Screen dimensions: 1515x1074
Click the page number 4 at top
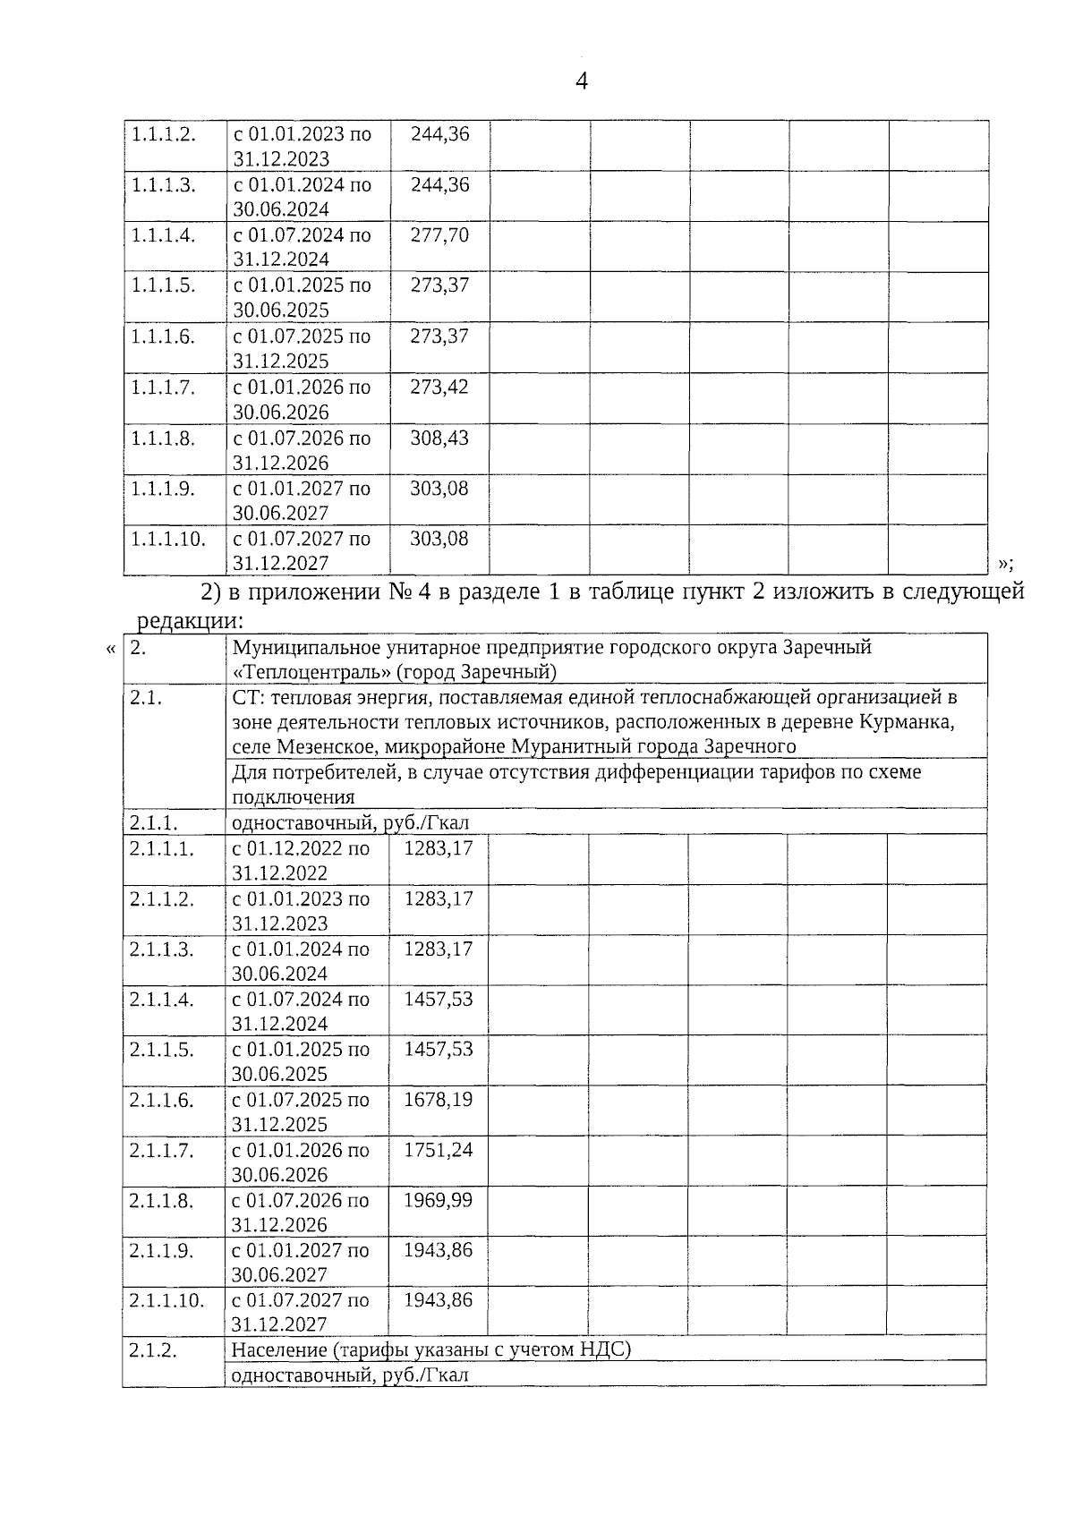pos(582,81)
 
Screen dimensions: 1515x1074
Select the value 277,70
pos(439,236)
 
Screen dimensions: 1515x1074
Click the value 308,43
pos(439,438)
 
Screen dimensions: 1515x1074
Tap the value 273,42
pos(439,387)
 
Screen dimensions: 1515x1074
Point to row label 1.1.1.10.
pos(168,539)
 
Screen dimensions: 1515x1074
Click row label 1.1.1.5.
pos(163,285)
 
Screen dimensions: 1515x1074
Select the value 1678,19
pos(438,1100)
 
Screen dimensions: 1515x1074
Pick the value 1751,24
pos(438,1150)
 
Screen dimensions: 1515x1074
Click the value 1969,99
pos(438,1200)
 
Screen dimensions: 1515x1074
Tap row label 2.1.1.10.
pos(166,1300)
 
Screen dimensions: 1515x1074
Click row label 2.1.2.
pos(153,1350)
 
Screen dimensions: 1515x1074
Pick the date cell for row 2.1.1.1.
pos(301,860)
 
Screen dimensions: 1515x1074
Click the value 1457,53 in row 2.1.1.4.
pos(438,1000)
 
